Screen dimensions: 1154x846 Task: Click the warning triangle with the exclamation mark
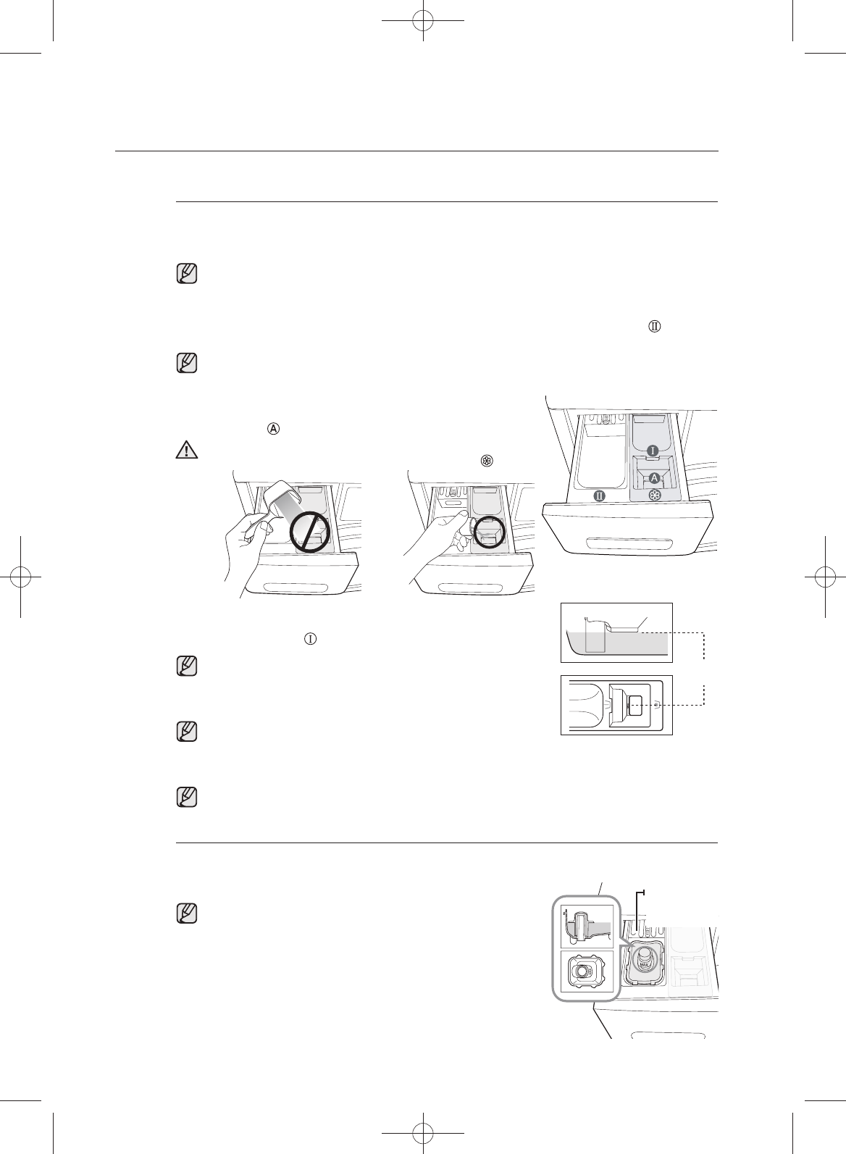187,450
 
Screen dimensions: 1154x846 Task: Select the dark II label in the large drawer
600,496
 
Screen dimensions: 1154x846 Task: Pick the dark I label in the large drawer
652,451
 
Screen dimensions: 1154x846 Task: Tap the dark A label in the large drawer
653,477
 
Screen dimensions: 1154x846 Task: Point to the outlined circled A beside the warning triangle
274,428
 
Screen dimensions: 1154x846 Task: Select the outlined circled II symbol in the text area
654,327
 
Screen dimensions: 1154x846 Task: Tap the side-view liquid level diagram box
616,632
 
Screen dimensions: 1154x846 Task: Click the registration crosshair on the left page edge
22,577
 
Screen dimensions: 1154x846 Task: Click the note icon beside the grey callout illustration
188,915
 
